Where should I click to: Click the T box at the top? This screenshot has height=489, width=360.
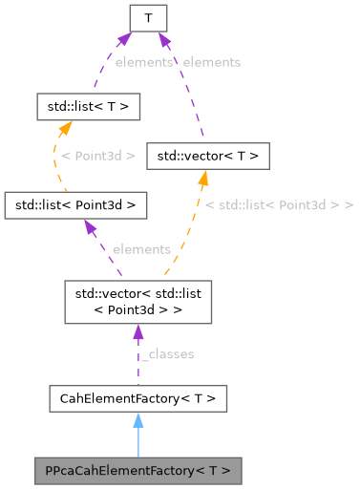(x=148, y=17)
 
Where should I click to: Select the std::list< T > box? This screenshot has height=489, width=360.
(x=88, y=105)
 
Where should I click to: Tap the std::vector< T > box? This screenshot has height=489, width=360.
(x=207, y=155)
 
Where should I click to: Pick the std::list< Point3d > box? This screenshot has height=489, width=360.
(x=75, y=204)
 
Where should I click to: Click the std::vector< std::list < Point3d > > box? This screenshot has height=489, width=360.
(x=137, y=302)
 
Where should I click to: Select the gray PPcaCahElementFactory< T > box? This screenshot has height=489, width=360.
(x=138, y=470)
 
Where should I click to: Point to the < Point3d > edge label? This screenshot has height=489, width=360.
(x=97, y=155)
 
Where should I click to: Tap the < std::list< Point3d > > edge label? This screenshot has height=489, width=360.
(x=279, y=205)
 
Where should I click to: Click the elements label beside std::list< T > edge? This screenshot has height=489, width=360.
(x=143, y=62)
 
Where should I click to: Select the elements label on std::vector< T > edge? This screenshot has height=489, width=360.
(x=211, y=62)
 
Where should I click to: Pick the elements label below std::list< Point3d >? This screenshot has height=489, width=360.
(x=141, y=249)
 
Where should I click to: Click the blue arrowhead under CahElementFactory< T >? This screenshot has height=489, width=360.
(x=138, y=419)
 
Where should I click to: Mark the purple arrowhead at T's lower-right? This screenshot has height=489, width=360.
(x=163, y=39)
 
